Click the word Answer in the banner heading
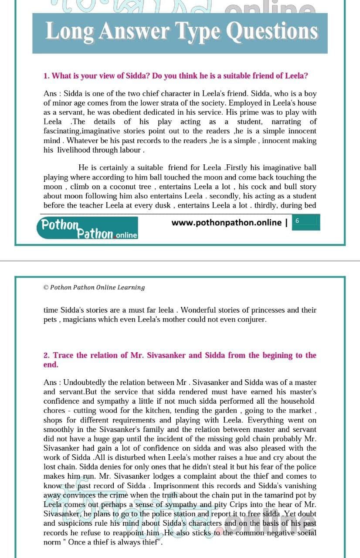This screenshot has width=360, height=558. click(x=135, y=31)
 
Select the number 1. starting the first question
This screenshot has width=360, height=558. click(x=46, y=76)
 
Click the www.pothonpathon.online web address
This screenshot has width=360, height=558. click(x=226, y=223)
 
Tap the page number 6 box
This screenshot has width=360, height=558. click(x=297, y=221)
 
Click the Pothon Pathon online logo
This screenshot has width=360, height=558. click(x=87, y=229)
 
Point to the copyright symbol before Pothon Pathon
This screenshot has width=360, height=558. click(x=46, y=288)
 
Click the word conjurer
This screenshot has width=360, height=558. click(x=250, y=320)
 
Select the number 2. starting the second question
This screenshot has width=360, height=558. click(x=47, y=356)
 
